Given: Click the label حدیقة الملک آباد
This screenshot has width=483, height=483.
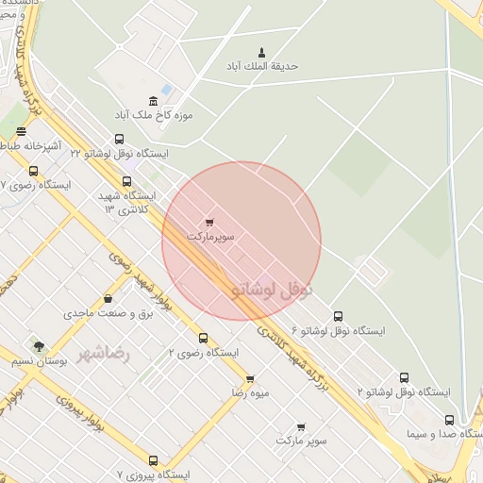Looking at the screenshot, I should (261, 66).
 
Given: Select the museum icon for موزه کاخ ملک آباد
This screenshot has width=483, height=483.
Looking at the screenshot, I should (153, 101).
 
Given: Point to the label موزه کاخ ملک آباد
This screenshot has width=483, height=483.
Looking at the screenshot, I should (153, 115).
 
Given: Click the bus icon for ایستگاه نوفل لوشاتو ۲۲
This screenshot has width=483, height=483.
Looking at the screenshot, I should (119, 140).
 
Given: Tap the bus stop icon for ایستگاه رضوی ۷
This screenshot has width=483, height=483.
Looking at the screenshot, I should (34, 172).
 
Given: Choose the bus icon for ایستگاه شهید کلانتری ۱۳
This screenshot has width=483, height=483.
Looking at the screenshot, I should (126, 181).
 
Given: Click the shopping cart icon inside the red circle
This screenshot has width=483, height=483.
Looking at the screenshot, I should (209, 224).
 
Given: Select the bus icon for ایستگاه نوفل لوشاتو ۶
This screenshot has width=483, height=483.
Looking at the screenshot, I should (339, 317).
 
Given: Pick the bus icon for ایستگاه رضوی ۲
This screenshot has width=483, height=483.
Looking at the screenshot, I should (203, 338).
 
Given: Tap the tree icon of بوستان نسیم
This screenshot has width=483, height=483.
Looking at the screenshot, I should (39, 346).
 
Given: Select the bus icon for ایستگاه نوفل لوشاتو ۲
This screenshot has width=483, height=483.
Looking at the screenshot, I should (405, 377).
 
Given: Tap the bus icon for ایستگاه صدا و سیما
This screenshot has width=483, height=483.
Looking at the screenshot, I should (449, 421).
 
